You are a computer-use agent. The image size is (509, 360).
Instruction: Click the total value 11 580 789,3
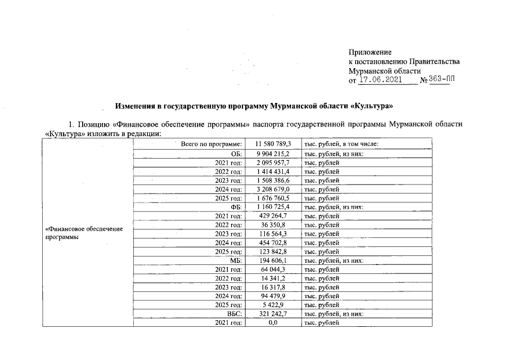(x=273, y=145)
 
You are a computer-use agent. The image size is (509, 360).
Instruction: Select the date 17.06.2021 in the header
(x=380, y=80)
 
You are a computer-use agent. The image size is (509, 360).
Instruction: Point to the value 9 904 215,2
(x=273, y=154)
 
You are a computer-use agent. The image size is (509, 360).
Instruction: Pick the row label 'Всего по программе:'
(x=211, y=145)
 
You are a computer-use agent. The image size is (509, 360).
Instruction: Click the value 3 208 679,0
(x=273, y=190)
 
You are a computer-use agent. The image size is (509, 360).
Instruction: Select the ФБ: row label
(x=236, y=207)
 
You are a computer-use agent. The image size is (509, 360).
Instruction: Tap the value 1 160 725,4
(x=273, y=207)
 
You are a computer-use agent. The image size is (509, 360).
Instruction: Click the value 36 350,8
(x=273, y=225)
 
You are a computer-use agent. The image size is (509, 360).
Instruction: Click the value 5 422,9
(x=273, y=305)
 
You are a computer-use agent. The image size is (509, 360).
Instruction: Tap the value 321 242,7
(x=273, y=314)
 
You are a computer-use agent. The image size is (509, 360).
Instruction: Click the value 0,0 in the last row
(x=273, y=323)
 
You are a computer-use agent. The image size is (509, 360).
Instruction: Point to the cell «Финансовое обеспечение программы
(x=84, y=233)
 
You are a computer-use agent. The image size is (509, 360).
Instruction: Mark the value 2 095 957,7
(x=273, y=163)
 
